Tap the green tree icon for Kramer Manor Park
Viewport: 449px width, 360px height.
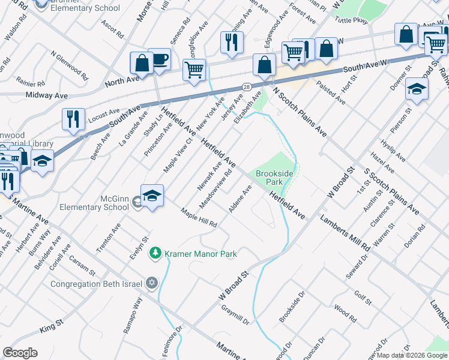[155, 253]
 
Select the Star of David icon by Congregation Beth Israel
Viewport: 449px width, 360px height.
[152, 283]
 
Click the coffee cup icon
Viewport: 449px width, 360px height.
[160, 59]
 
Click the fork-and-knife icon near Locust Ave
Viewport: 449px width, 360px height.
[73, 118]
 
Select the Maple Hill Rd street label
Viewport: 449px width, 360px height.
[199, 218]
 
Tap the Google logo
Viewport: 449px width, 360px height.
[20, 353]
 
